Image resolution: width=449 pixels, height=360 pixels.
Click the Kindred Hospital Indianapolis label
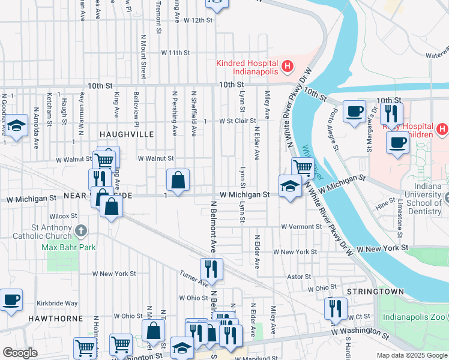click(x=247, y=67)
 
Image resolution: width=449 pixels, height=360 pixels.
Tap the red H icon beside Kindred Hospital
click(x=288, y=65)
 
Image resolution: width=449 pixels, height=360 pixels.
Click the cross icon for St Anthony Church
click(x=82, y=230)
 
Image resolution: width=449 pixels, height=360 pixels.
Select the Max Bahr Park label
click(x=68, y=247)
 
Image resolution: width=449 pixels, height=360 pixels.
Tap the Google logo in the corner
click(x=20, y=353)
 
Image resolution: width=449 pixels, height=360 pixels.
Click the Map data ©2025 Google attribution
click(x=411, y=355)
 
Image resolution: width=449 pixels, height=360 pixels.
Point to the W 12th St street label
click(x=194, y=20)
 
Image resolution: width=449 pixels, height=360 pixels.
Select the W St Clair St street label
click(x=229, y=121)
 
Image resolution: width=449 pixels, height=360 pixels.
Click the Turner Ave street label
click(x=193, y=278)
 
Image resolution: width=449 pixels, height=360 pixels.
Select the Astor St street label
click(x=298, y=277)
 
